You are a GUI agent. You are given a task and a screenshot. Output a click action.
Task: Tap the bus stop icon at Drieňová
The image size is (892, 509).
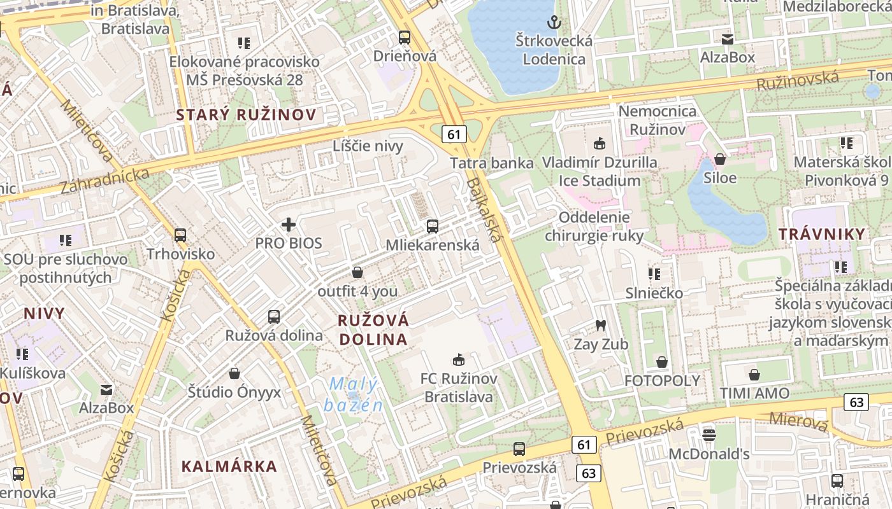404,37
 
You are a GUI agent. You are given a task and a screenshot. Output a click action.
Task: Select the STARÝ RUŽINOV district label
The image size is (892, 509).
246,115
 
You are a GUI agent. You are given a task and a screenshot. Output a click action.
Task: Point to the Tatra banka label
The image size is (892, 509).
491,163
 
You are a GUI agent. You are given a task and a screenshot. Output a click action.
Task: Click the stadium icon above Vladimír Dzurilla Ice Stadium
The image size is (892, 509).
599,143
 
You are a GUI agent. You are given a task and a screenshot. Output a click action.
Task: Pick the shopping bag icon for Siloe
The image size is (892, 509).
720,159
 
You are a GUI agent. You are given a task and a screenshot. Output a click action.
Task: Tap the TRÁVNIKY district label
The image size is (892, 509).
822,234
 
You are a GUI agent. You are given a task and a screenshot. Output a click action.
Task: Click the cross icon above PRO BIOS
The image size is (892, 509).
289,225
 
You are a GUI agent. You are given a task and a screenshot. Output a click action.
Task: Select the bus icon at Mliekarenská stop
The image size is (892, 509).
433,226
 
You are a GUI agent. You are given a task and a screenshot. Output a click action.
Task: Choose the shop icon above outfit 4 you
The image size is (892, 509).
357,273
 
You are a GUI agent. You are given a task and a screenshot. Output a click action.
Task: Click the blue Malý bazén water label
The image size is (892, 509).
354,394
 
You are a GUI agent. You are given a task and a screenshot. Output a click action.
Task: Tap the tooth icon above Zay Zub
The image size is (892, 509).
600,326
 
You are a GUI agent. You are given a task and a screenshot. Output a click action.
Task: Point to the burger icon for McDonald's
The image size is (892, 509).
709,435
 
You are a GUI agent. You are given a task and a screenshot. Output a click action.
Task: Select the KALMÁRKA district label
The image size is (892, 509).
229,466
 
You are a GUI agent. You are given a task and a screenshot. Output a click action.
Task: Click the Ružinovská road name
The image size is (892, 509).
797,81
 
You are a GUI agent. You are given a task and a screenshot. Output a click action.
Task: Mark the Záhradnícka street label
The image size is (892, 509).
104,181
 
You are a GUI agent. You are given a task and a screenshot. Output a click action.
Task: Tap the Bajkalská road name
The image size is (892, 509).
484,210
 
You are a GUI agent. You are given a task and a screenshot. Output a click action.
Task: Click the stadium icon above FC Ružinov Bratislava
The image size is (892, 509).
458,360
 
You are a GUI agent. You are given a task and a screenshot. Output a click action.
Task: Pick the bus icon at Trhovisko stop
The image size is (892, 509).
180,235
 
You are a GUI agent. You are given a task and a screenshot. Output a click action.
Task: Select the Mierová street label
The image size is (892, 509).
799,421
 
